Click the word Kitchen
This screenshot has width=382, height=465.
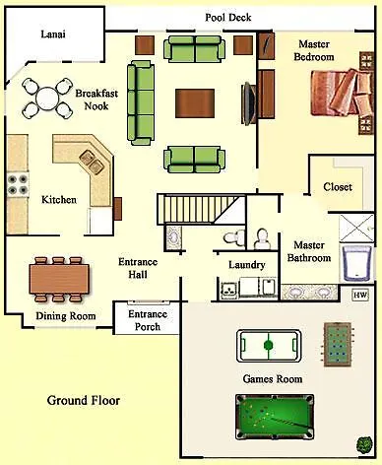[x=58, y=200]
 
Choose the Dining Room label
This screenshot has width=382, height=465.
[x=65, y=316]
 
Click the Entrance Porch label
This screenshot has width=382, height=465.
[x=147, y=320]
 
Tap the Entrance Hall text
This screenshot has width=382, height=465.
[x=138, y=269]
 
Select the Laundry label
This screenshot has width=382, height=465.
[x=246, y=265]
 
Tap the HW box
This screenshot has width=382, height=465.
[x=359, y=295]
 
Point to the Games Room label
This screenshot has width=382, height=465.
[x=272, y=378]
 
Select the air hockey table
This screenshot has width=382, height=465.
[x=269, y=346]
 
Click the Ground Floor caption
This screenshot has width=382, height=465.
[x=83, y=401]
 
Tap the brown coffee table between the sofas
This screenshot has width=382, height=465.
[x=195, y=102]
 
